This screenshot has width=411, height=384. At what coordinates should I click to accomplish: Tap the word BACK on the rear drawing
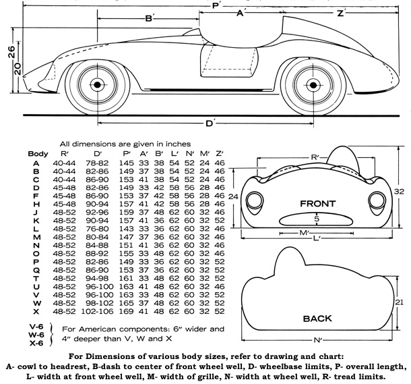[318, 318]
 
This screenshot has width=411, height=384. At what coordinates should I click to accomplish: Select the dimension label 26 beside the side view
[11, 55]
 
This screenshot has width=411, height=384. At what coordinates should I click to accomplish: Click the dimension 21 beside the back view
[399, 302]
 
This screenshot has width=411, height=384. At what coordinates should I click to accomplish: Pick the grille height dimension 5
[316, 219]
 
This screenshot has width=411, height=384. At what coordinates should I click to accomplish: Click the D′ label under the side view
[210, 124]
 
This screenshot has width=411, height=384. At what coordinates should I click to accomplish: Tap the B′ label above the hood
[150, 19]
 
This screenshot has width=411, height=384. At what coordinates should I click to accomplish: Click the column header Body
[38, 154]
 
